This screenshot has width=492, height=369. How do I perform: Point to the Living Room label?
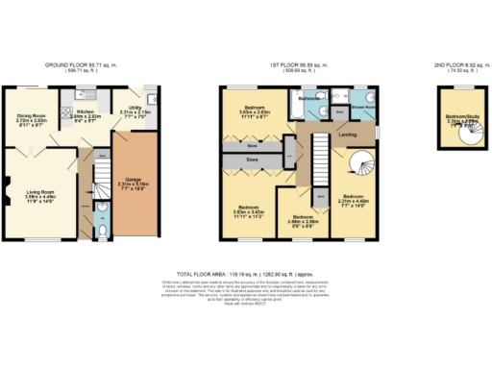tap(39, 199)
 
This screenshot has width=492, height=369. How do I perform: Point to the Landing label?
tap(348, 135)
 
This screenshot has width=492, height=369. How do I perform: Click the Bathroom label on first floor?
tap(309, 98)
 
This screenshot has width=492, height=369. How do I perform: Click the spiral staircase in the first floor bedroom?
tap(364, 167)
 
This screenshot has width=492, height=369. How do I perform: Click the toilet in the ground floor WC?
tap(104, 231)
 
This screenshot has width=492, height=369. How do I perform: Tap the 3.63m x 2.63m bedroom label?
tap(256, 109)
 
